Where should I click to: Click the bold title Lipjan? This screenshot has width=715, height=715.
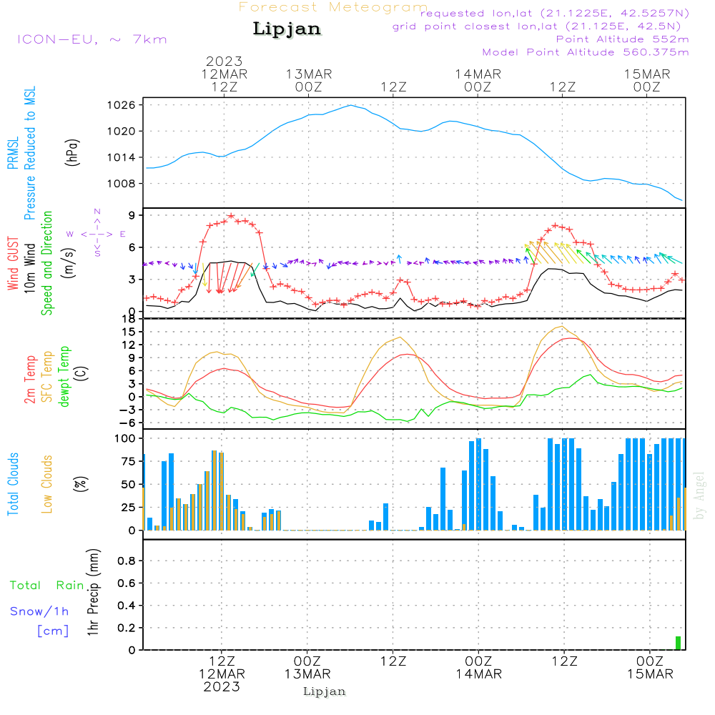click(287, 29)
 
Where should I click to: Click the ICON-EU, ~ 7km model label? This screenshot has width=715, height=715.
click(92, 39)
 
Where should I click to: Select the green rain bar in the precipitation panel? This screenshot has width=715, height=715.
click(678, 643)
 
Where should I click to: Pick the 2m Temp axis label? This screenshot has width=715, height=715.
click(31, 379)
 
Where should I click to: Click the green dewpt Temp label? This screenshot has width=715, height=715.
click(64, 377)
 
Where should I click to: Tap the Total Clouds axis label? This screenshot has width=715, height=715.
click(13, 484)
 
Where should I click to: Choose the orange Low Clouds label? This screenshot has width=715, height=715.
click(47, 484)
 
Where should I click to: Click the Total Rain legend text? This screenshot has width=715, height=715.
click(47, 586)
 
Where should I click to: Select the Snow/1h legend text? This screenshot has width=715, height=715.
click(40, 611)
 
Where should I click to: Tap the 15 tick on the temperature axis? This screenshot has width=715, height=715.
click(129, 332)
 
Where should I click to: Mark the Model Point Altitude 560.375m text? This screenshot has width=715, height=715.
click(586, 52)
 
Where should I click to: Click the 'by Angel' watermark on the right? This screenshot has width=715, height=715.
click(699, 495)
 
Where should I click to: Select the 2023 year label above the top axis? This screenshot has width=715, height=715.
click(224, 61)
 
